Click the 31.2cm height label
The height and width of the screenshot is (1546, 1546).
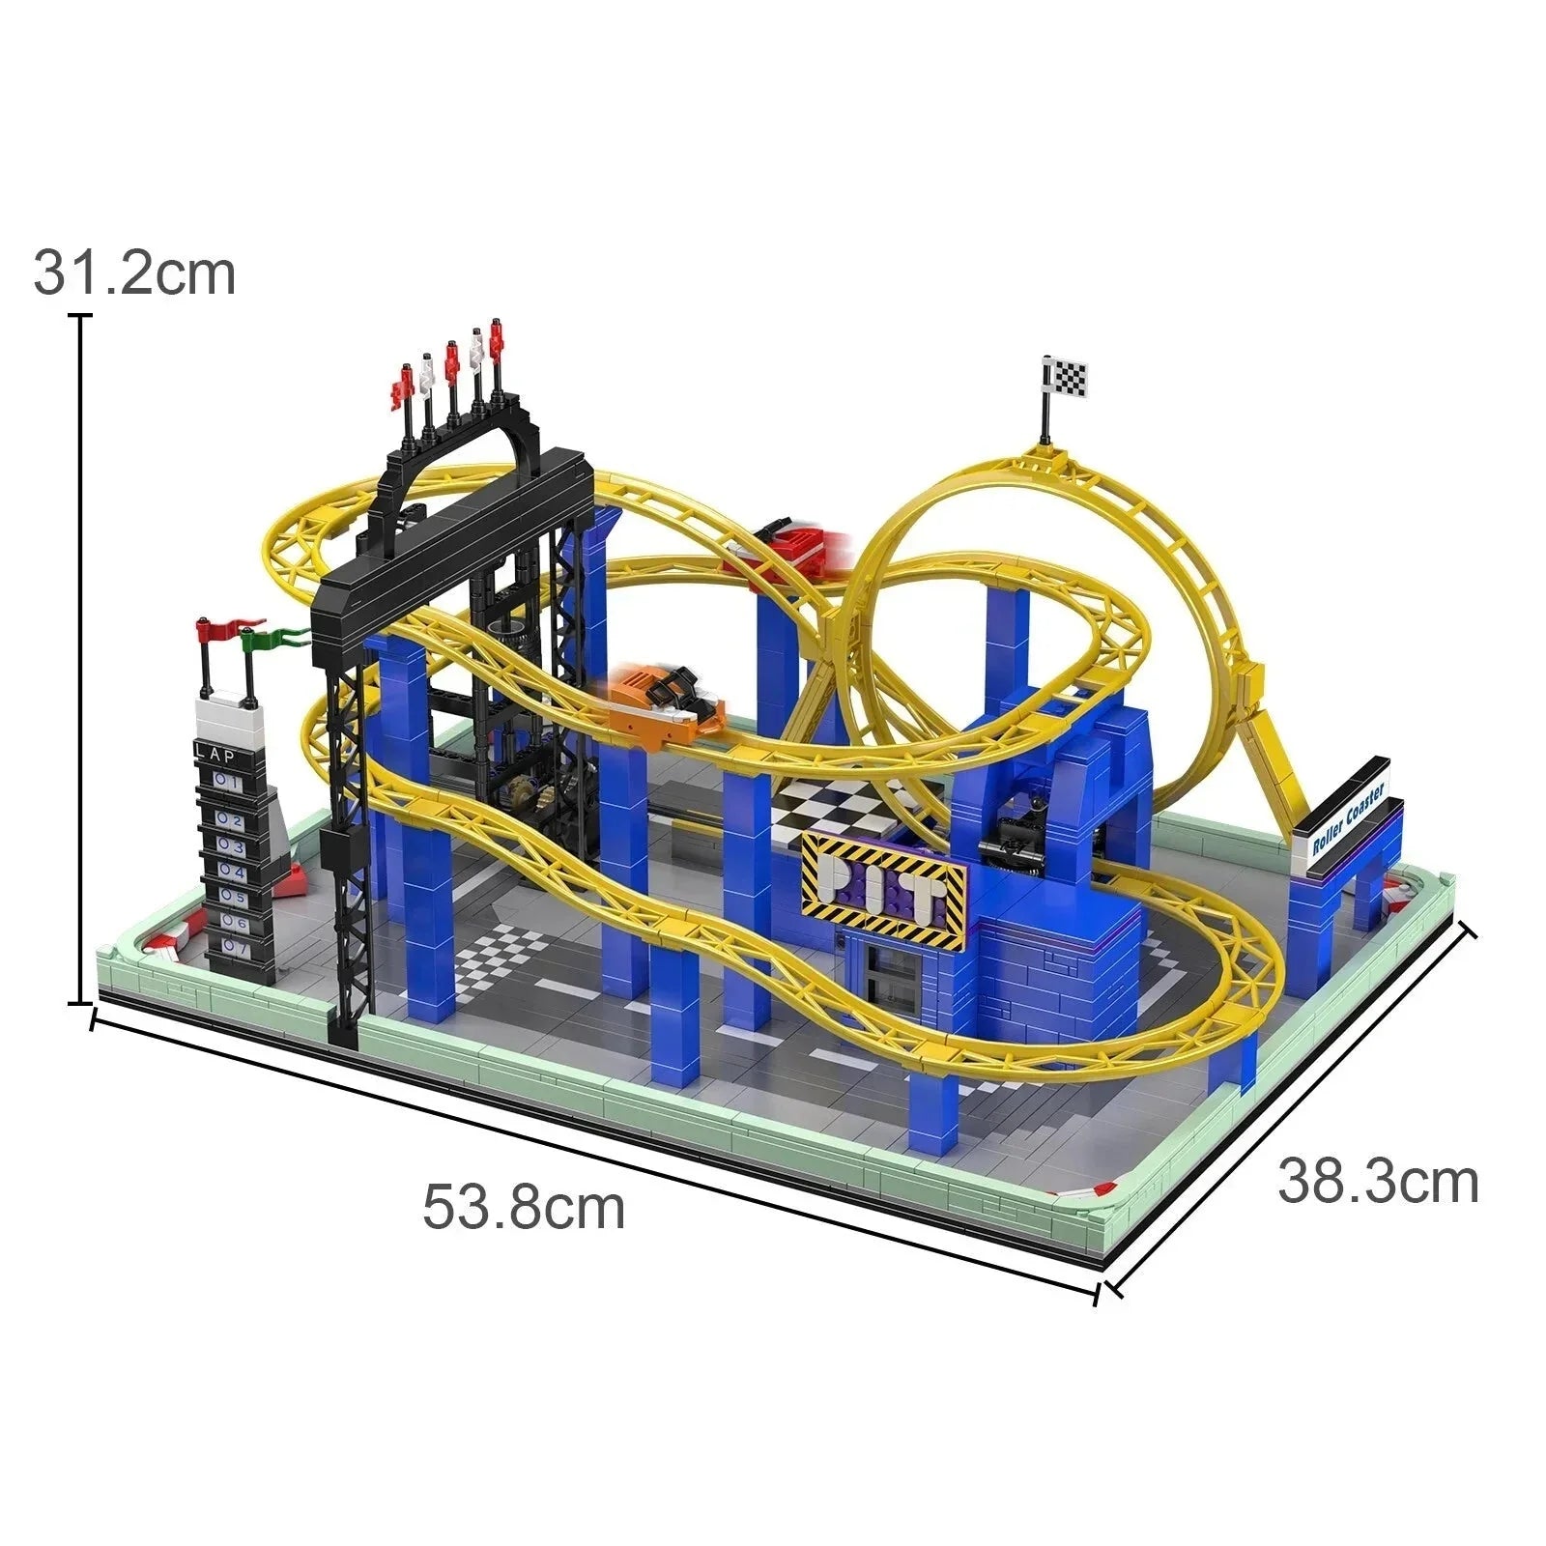tap(134, 274)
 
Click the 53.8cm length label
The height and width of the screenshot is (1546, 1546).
tap(524, 1208)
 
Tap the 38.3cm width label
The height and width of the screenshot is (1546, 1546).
tap(1378, 1182)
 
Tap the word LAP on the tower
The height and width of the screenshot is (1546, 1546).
tap(215, 755)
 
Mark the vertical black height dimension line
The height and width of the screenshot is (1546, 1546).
tap(81, 657)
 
